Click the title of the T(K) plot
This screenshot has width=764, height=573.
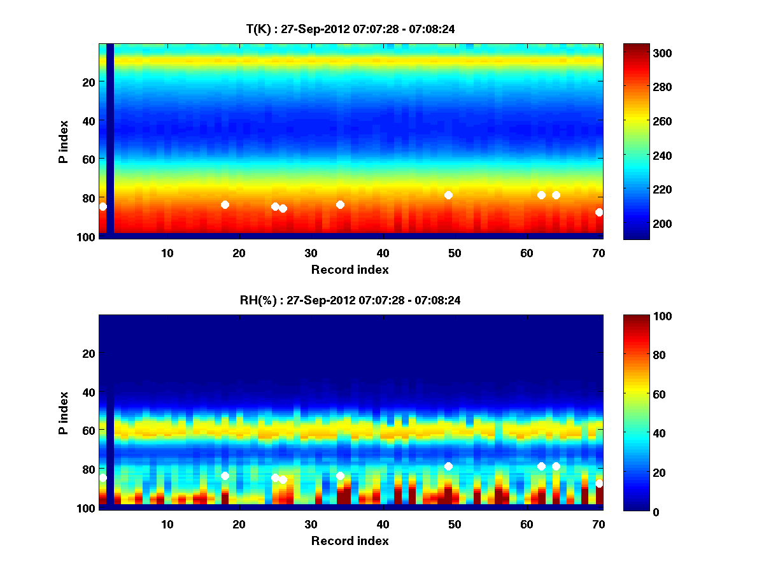pyautogui.click(x=350, y=29)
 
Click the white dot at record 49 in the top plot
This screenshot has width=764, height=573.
pyautogui.click(x=448, y=195)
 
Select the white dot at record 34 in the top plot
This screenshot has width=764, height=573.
pyautogui.click(x=340, y=204)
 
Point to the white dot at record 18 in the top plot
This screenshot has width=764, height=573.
pyautogui.click(x=225, y=204)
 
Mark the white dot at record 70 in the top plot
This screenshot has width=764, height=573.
pyautogui.click(x=599, y=212)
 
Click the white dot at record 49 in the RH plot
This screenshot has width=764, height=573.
pyautogui.click(x=448, y=466)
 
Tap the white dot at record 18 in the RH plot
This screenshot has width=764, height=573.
pyautogui.click(x=225, y=476)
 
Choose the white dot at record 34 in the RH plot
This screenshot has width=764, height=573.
pyautogui.click(x=340, y=476)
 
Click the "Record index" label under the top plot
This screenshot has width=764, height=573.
pyautogui.click(x=350, y=269)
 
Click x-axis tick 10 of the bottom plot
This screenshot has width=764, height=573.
pyautogui.click(x=167, y=524)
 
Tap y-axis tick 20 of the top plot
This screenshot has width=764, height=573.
pyautogui.click(x=88, y=81)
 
